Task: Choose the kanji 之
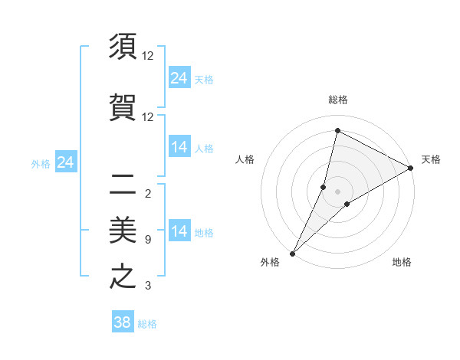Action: point(123,276)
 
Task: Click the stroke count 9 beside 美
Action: point(148,240)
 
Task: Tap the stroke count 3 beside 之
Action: point(148,286)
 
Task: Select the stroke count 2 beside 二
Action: point(148,193)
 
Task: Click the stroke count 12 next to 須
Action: point(148,56)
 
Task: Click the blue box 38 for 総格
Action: point(123,322)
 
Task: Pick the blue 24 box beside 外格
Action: point(66,162)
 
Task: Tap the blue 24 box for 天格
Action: point(179,77)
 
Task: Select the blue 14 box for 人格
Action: point(179,147)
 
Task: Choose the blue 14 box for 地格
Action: point(179,231)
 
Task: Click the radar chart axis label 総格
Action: point(337,100)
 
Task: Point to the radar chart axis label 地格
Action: point(402,263)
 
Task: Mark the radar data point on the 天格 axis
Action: point(410,168)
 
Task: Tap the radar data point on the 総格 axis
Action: point(337,131)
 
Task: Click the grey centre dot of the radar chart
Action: point(337,191)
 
